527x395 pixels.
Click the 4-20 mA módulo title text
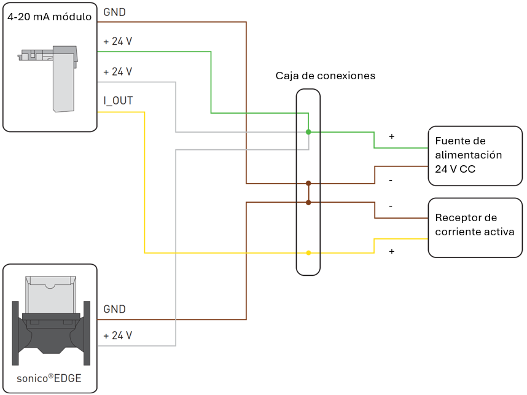coord(50,17)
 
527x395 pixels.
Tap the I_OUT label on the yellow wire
coord(118,101)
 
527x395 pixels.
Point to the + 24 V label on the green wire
coord(117,42)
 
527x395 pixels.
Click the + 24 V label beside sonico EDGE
coord(117,335)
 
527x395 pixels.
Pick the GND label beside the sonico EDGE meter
coord(114,309)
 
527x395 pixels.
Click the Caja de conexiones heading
coord(325,76)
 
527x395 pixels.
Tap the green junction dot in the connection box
coord(308,131)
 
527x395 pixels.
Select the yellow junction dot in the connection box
coord(308,252)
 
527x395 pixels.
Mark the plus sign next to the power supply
coord(391,136)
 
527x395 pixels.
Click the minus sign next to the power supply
coord(391,181)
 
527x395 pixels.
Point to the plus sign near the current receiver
coord(391,251)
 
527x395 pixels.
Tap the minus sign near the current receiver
coord(391,206)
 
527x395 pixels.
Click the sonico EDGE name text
coord(50,378)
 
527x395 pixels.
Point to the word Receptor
coord(457,218)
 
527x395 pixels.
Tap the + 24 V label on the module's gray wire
coord(117,71)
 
